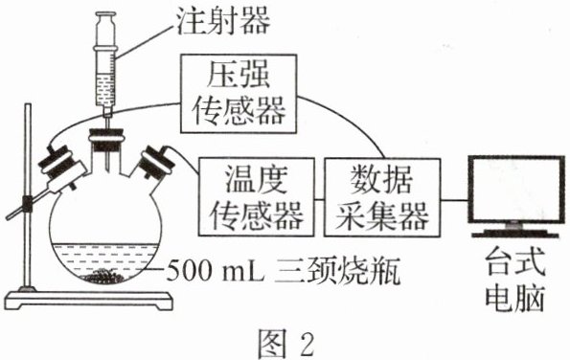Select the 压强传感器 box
239,94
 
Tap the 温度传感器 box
257,196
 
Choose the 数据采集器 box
382,197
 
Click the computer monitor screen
516,190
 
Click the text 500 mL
216,271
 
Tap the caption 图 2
285,342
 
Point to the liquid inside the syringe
105,90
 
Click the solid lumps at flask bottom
104,276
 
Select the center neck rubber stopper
107,140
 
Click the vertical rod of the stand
28,197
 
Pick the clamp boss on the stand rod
28,202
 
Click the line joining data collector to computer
454,200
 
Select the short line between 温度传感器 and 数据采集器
319,199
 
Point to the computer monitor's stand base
515,234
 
